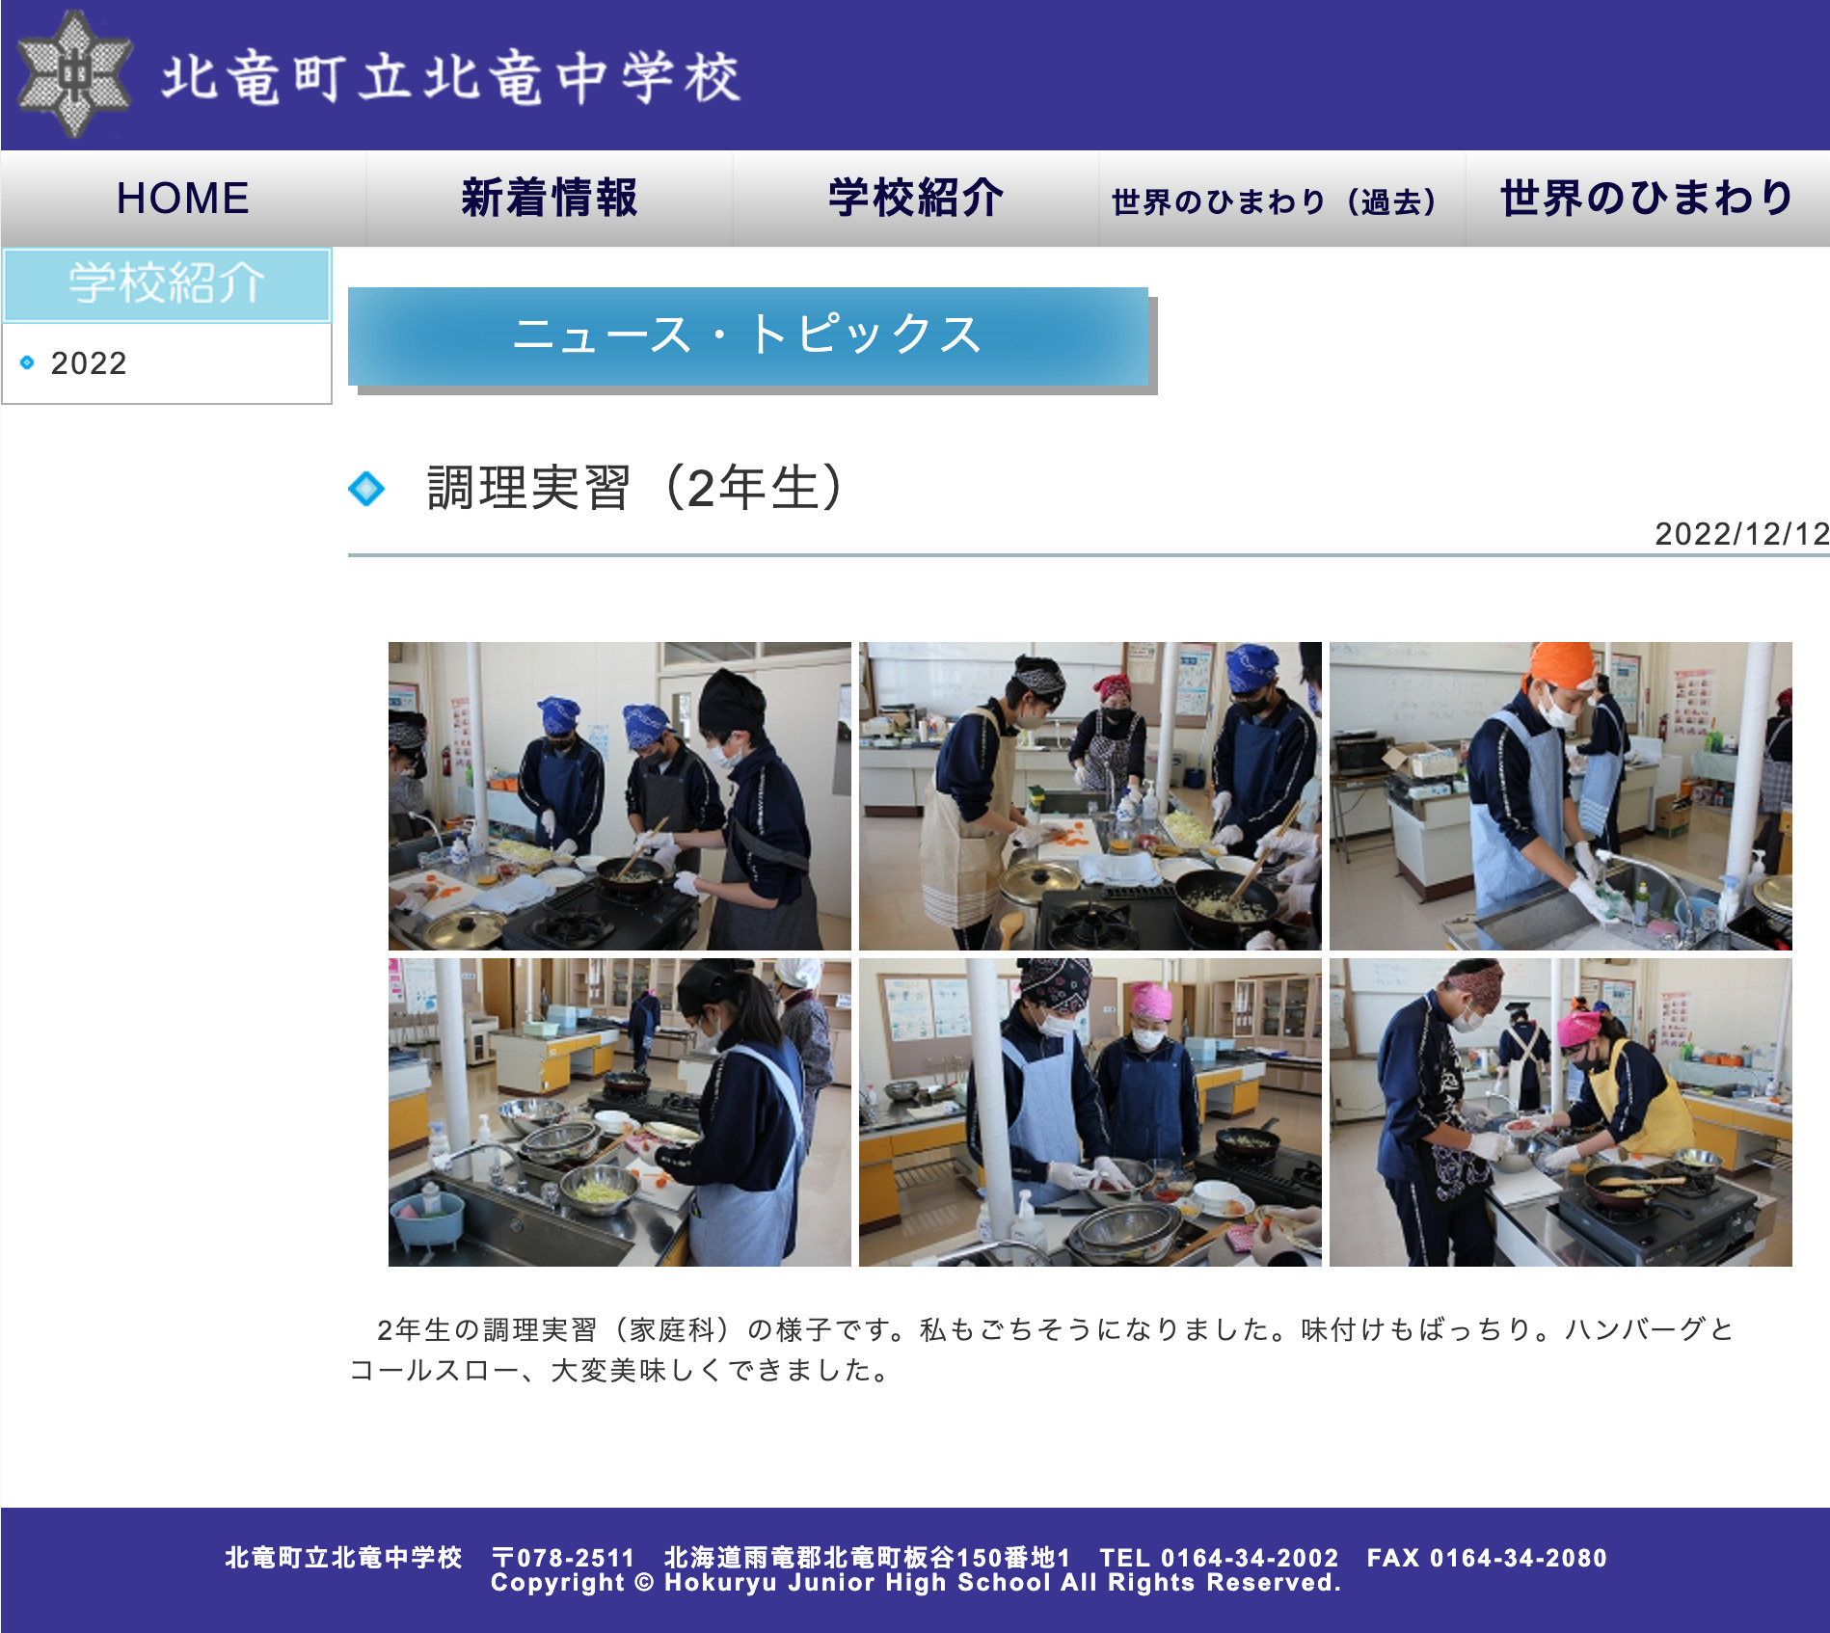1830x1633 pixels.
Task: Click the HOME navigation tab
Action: coord(182,199)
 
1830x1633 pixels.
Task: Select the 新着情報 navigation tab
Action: coord(549,199)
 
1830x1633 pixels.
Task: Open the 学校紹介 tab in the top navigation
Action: coord(915,199)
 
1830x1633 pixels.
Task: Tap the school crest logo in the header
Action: coord(74,73)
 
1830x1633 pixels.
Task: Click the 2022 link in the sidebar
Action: coord(89,363)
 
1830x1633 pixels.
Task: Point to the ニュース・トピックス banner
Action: coord(748,336)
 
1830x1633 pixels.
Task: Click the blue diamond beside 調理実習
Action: coord(366,489)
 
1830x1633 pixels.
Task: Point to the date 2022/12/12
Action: coord(1741,534)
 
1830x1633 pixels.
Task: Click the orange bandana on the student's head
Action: coord(1561,664)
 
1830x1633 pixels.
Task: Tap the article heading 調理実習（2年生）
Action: coord(637,488)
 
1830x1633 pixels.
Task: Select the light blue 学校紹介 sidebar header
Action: coord(167,284)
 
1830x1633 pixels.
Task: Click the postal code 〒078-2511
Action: coord(563,1558)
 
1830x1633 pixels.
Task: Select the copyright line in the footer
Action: coord(915,1583)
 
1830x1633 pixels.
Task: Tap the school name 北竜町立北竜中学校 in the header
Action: coord(451,77)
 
